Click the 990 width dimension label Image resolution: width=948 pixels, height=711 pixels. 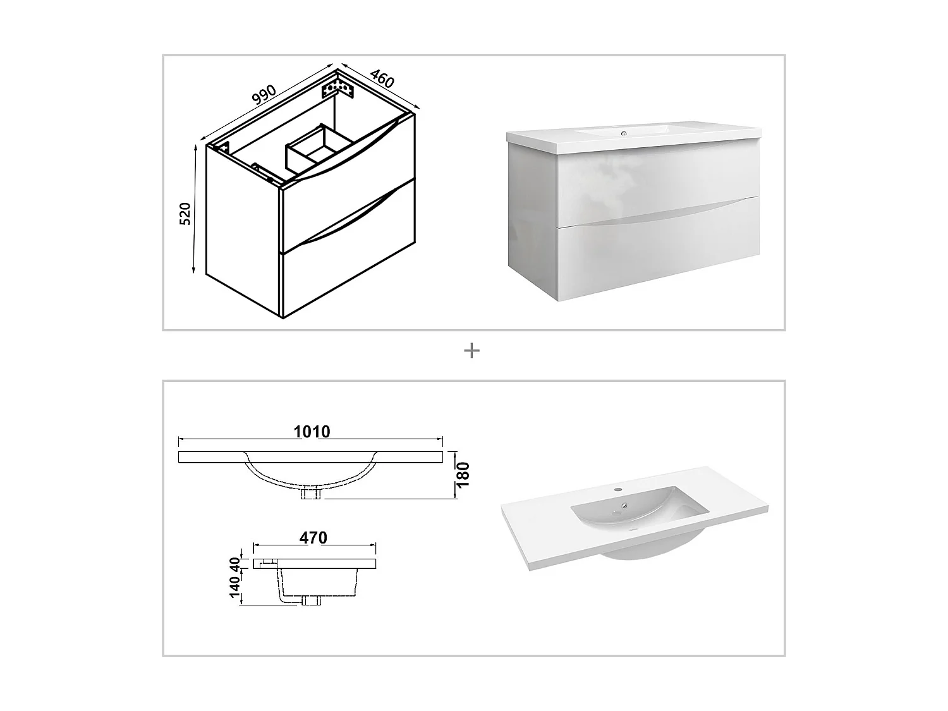tap(264, 94)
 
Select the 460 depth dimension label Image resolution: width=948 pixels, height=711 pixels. tap(382, 78)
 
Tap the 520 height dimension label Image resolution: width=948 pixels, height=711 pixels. tap(185, 214)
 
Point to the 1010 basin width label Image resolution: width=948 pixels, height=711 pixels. tap(312, 432)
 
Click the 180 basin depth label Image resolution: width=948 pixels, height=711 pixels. tap(463, 475)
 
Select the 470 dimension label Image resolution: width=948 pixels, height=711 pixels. tap(313, 538)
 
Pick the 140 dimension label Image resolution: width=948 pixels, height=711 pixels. tap(235, 586)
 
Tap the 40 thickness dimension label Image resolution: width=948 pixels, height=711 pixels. tap(235, 562)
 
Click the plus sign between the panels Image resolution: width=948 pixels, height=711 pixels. tap(471, 351)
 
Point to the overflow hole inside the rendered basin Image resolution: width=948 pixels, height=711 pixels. tap(624, 506)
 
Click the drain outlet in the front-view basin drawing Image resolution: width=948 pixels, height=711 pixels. tap(312, 493)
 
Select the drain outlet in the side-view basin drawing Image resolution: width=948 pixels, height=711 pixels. tap(311, 600)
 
